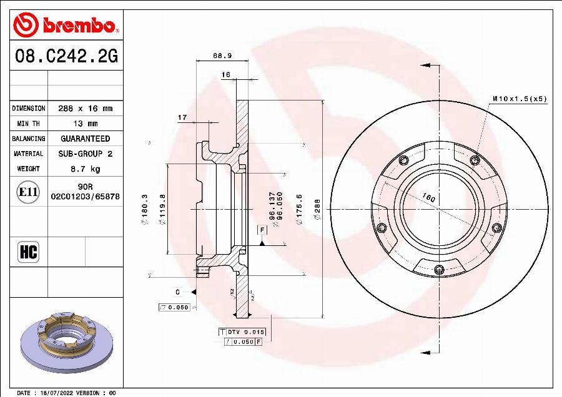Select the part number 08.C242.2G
66,57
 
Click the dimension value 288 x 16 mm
85,109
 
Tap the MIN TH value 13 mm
85,124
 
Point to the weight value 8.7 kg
85,169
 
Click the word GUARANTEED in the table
85,139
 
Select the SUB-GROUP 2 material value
85,154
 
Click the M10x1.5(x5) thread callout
519,99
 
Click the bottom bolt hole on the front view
439,270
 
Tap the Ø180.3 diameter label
145,207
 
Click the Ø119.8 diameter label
163,207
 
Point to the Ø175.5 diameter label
300,207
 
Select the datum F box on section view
262,230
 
